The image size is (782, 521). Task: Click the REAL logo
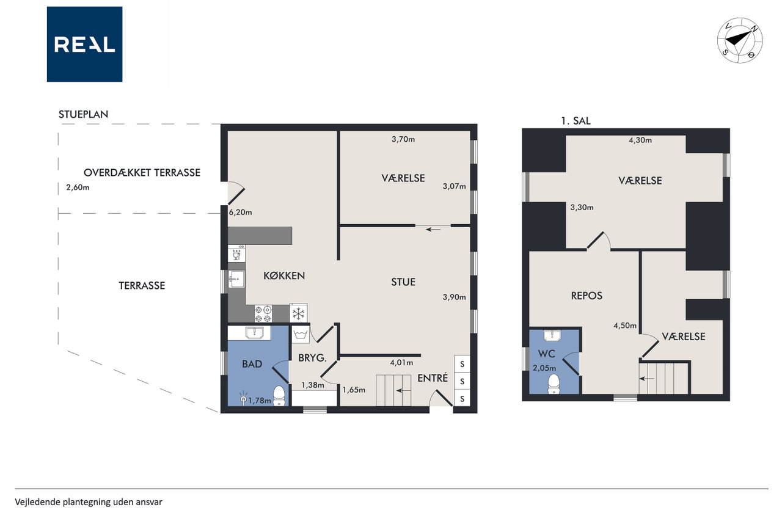(84, 44)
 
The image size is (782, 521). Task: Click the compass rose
(740, 40)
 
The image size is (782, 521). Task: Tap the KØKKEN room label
(284, 275)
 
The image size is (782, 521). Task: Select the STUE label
(403, 282)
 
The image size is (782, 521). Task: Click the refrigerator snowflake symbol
(299, 313)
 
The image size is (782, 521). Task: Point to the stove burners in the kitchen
(263, 314)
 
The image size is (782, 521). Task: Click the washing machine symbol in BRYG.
(301, 335)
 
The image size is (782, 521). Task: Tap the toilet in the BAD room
(279, 396)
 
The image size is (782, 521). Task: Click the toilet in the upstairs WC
(554, 384)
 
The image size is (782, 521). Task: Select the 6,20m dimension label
(240, 212)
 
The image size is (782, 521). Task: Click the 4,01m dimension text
(401, 363)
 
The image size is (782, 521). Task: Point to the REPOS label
(586, 296)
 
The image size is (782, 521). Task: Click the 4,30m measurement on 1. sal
(640, 140)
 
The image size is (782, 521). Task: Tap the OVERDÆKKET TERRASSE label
(142, 172)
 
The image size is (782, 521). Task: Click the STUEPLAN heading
(84, 114)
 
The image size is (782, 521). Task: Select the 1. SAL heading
(576, 121)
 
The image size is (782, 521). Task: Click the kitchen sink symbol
(236, 279)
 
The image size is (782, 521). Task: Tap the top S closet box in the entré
(462, 364)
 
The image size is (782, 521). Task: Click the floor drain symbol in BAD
(243, 399)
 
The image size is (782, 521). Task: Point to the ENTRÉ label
(433, 377)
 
